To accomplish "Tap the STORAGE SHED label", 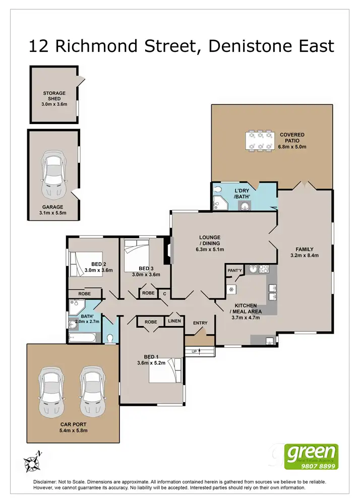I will [53, 94].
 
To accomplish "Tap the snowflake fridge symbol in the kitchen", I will [232, 289].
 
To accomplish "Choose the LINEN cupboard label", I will [174, 321].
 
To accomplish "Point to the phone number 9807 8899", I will [313, 466].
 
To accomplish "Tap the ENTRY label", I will [200, 323].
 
